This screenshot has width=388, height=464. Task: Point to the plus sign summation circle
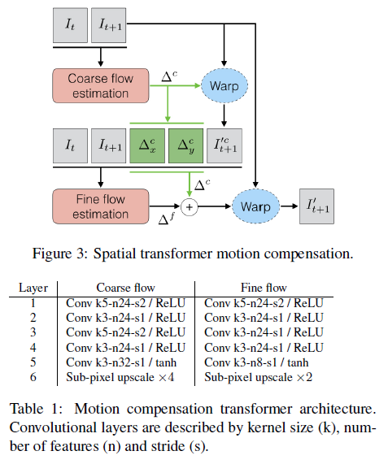[190, 206]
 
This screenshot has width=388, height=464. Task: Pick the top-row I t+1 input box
[111, 26]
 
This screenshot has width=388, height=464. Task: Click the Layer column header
[34, 288]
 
